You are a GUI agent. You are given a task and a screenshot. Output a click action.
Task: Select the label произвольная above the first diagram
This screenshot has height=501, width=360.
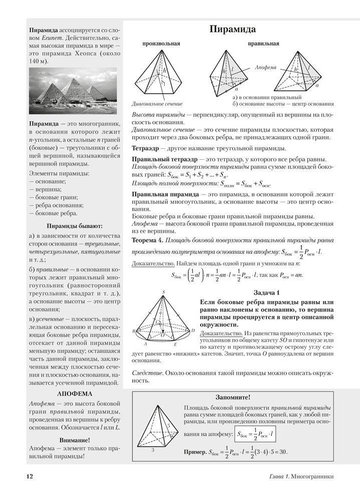[x=161, y=44]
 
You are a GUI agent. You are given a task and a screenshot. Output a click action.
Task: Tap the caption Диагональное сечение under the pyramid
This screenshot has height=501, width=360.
[x=157, y=104]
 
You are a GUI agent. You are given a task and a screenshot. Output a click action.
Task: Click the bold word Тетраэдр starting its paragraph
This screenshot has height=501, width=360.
[x=146, y=149]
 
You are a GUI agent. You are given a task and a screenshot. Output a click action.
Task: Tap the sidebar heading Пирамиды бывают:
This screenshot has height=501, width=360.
[x=74, y=226]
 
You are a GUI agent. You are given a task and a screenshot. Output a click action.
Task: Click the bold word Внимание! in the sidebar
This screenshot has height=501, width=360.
[x=74, y=439]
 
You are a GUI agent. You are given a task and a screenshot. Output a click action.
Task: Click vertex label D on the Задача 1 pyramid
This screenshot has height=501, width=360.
[x=193, y=331]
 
